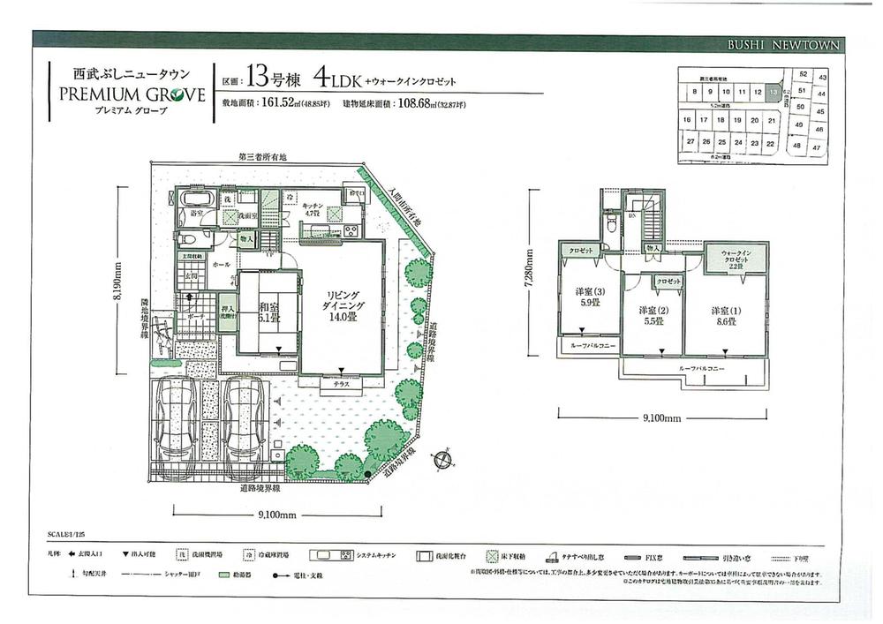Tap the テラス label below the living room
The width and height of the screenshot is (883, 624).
(341, 385)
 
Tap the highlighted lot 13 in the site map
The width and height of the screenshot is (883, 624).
(774, 91)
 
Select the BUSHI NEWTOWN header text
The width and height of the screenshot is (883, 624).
(785, 45)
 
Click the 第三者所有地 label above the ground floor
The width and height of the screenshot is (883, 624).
(262, 157)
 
